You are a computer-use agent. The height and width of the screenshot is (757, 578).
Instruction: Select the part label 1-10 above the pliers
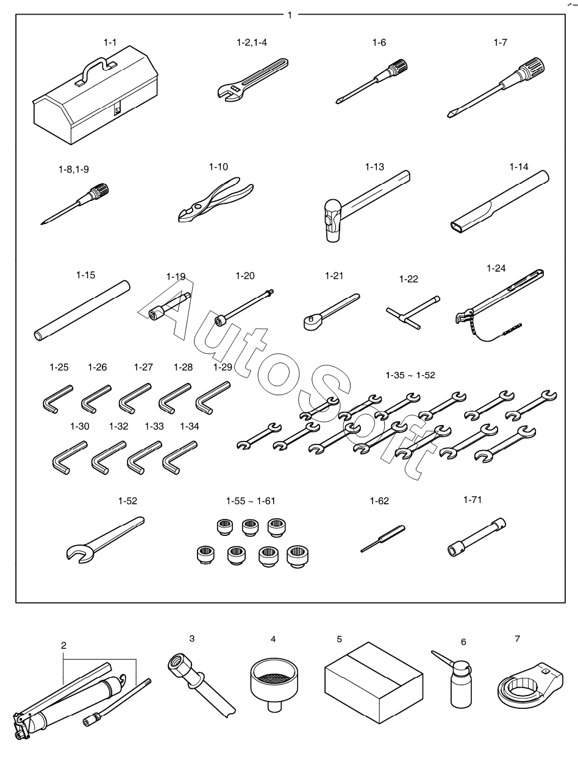pos(218,167)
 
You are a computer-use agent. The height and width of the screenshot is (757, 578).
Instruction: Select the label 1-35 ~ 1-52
pos(410,375)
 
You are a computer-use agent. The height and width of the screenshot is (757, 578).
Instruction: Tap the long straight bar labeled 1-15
pos(82,311)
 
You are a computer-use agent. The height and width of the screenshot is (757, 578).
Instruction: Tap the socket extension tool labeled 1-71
pos(477,536)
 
